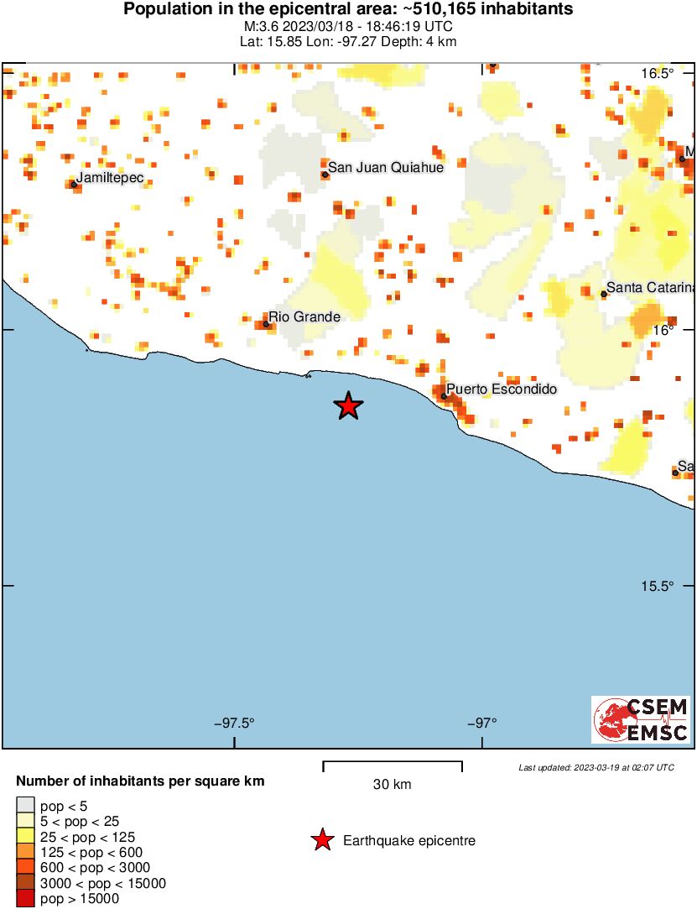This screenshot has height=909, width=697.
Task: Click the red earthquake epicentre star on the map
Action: pos(348,406)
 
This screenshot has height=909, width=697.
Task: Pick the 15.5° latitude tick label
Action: pos(658,586)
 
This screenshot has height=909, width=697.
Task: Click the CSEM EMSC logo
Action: pos(642,719)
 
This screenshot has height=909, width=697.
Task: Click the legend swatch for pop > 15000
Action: pos(25,899)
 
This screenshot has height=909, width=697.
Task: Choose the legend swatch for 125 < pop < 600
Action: pos(25,852)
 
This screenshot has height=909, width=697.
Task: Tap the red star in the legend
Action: pos(322,840)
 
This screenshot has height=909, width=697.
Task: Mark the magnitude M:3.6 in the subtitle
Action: pos(266,26)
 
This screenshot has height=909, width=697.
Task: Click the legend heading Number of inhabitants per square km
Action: pos(140,781)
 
